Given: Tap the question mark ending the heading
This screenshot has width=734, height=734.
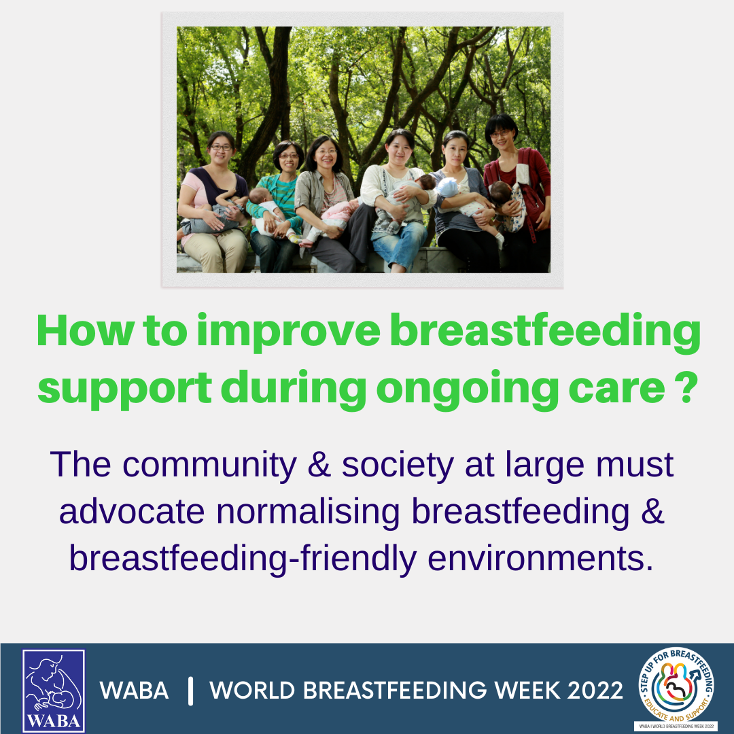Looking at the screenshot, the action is tap(686, 387).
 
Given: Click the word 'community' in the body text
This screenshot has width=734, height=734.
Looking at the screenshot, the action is tap(210, 465).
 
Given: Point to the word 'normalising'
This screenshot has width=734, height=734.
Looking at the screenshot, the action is tap(308, 511).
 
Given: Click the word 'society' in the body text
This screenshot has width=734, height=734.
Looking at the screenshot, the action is tap(398, 466).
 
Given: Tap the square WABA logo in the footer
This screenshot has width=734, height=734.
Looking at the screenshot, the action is tap(54, 690).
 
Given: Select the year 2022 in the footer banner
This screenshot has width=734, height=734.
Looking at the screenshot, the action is tap(595, 690).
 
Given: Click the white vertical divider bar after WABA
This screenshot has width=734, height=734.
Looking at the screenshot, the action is tap(190, 691).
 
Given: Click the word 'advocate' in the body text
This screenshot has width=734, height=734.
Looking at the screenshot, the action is tap(132, 511).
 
